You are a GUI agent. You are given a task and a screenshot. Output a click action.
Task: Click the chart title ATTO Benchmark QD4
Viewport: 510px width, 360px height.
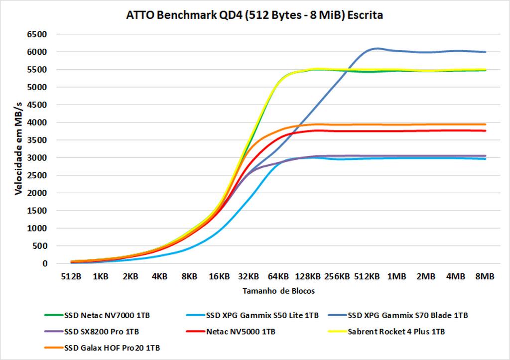[255, 15]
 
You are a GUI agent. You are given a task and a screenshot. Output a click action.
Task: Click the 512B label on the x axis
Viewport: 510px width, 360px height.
[71, 276]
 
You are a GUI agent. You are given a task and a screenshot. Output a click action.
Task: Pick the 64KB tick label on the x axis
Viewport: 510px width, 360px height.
[278, 276]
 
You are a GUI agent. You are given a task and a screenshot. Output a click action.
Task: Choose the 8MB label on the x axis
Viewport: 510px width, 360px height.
[485, 276]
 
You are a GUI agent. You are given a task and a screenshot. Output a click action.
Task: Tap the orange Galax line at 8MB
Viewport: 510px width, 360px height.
[485, 124]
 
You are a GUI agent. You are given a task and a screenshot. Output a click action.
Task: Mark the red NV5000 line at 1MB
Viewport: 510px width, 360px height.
[396, 131]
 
